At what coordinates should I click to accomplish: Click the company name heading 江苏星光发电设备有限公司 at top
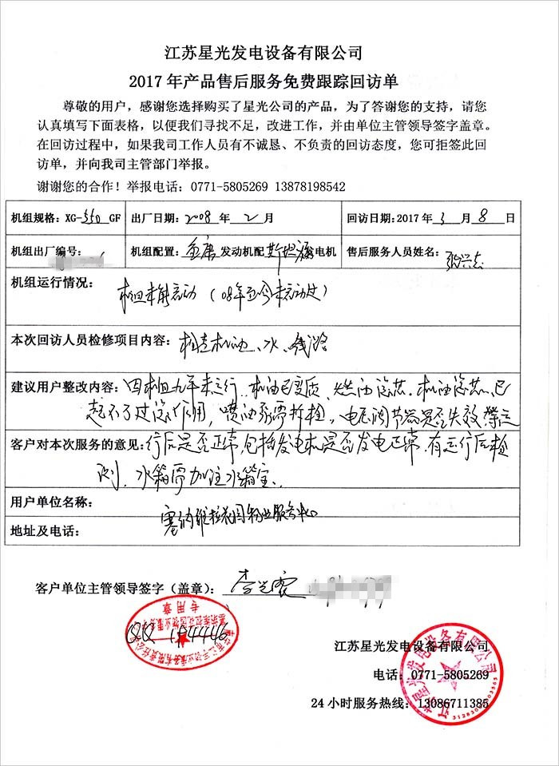264,54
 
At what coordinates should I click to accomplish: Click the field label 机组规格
32,217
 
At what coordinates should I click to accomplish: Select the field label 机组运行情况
48,283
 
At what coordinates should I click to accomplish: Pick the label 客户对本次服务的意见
76,442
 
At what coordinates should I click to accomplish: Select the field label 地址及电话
42,531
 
